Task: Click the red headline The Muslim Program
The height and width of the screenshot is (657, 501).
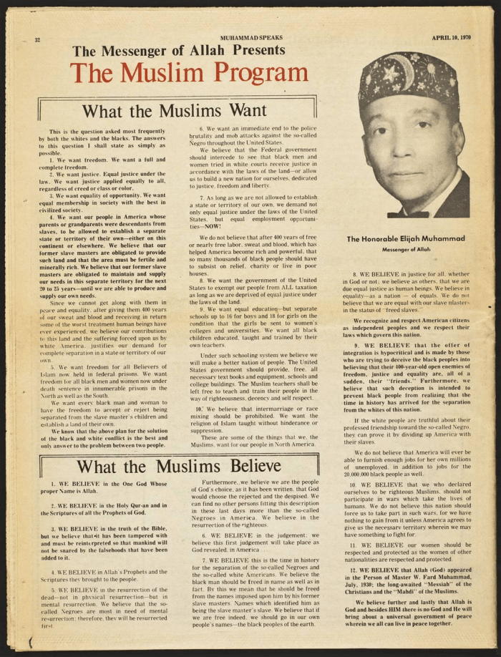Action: tap(189, 73)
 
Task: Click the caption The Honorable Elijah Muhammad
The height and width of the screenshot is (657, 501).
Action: tap(406, 238)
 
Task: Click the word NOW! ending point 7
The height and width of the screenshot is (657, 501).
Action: tap(213, 225)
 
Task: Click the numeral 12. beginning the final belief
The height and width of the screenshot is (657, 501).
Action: tap(354, 569)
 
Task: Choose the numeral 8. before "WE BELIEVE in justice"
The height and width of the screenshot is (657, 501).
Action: tap(355, 273)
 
